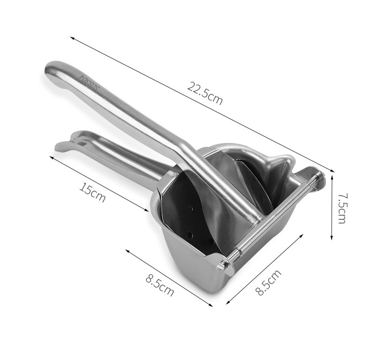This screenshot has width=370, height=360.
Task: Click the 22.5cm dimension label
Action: coord(205,93)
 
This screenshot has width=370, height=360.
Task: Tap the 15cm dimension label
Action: coord(92,193)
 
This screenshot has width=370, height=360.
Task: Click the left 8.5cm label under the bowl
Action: coord(160,285)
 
